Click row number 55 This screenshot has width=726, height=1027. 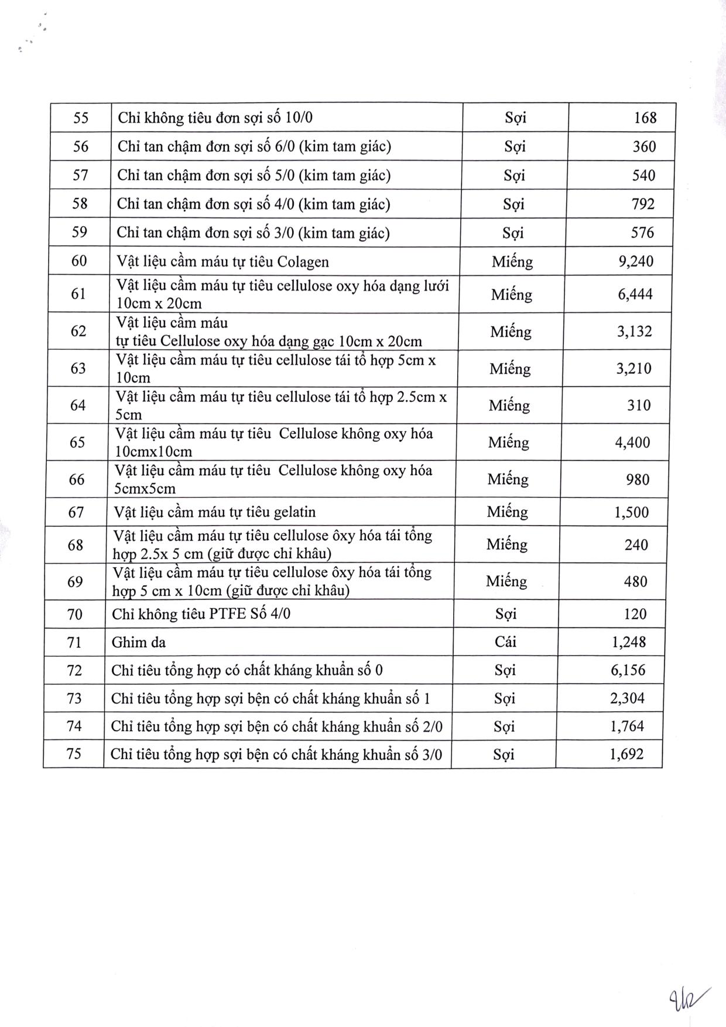tap(81, 118)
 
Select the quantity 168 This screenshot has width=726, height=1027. tap(645, 118)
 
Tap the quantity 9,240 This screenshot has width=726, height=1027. tap(636, 261)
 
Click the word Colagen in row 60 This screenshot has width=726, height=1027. tap(303, 261)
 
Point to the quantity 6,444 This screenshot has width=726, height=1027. tap(635, 294)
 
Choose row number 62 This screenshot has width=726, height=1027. tap(78, 331)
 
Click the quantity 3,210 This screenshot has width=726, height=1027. tap(634, 369)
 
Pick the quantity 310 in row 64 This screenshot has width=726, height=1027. tap(639, 405)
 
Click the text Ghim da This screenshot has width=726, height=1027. tap(139, 643)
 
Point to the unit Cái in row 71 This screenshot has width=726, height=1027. tap(505, 642)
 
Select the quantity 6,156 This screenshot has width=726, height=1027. tap(628, 670)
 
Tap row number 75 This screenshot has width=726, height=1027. tap(74, 753)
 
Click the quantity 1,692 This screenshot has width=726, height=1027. tap(626, 754)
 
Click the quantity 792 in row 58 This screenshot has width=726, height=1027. tap(643, 204)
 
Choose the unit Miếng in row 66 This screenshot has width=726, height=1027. tap(508, 479)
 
